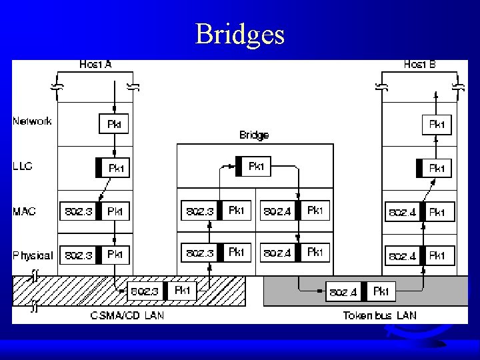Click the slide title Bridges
[240, 34]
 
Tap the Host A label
[95, 65]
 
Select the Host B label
[420, 65]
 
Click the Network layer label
[32, 121]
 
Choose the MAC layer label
[24, 211]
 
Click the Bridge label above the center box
[254, 135]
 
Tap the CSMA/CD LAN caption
[126, 315]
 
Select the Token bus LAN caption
[379, 315]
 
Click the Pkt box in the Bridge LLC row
[256, 167]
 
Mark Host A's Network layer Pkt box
[114, 123]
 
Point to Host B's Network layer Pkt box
[437, 124]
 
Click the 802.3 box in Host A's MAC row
[78, 211]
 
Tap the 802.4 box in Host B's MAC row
[403, 213]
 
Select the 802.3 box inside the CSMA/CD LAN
[145, 291]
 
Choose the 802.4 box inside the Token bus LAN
[343, 292]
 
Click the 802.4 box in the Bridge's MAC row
[277, 211]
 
